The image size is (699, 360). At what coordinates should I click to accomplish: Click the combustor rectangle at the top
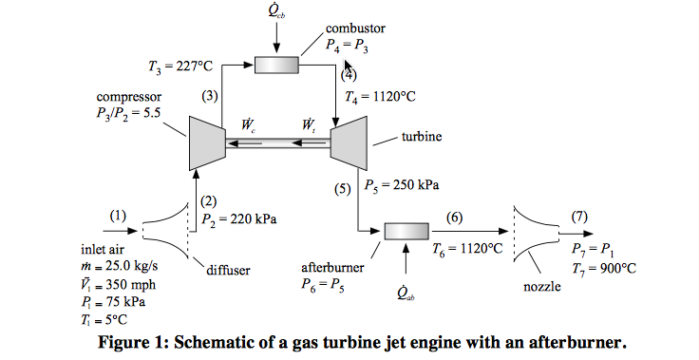[x=276, y=65]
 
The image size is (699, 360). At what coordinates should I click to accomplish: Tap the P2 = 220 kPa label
[x=239, y=218]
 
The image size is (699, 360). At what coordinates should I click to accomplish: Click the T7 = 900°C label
[x=603, y=268]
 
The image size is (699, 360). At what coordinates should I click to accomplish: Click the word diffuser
[x=228, y=270]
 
